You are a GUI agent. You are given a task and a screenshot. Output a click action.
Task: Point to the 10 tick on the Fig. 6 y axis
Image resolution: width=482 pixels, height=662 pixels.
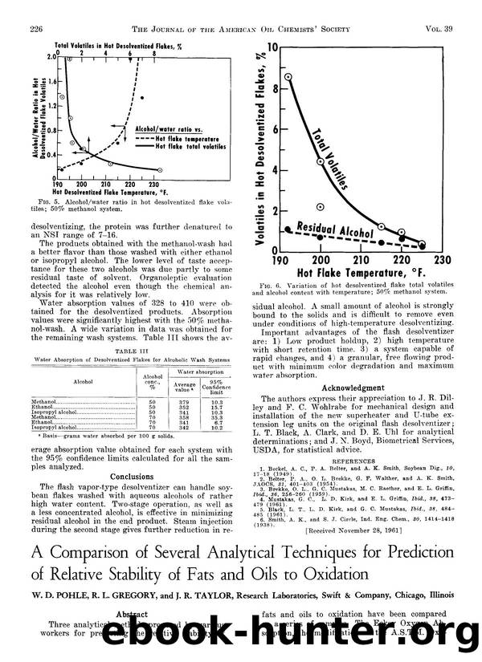tap(272, 48)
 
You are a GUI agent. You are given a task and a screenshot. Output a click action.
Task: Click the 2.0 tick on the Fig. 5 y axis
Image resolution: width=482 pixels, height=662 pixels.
tap(48, 57)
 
